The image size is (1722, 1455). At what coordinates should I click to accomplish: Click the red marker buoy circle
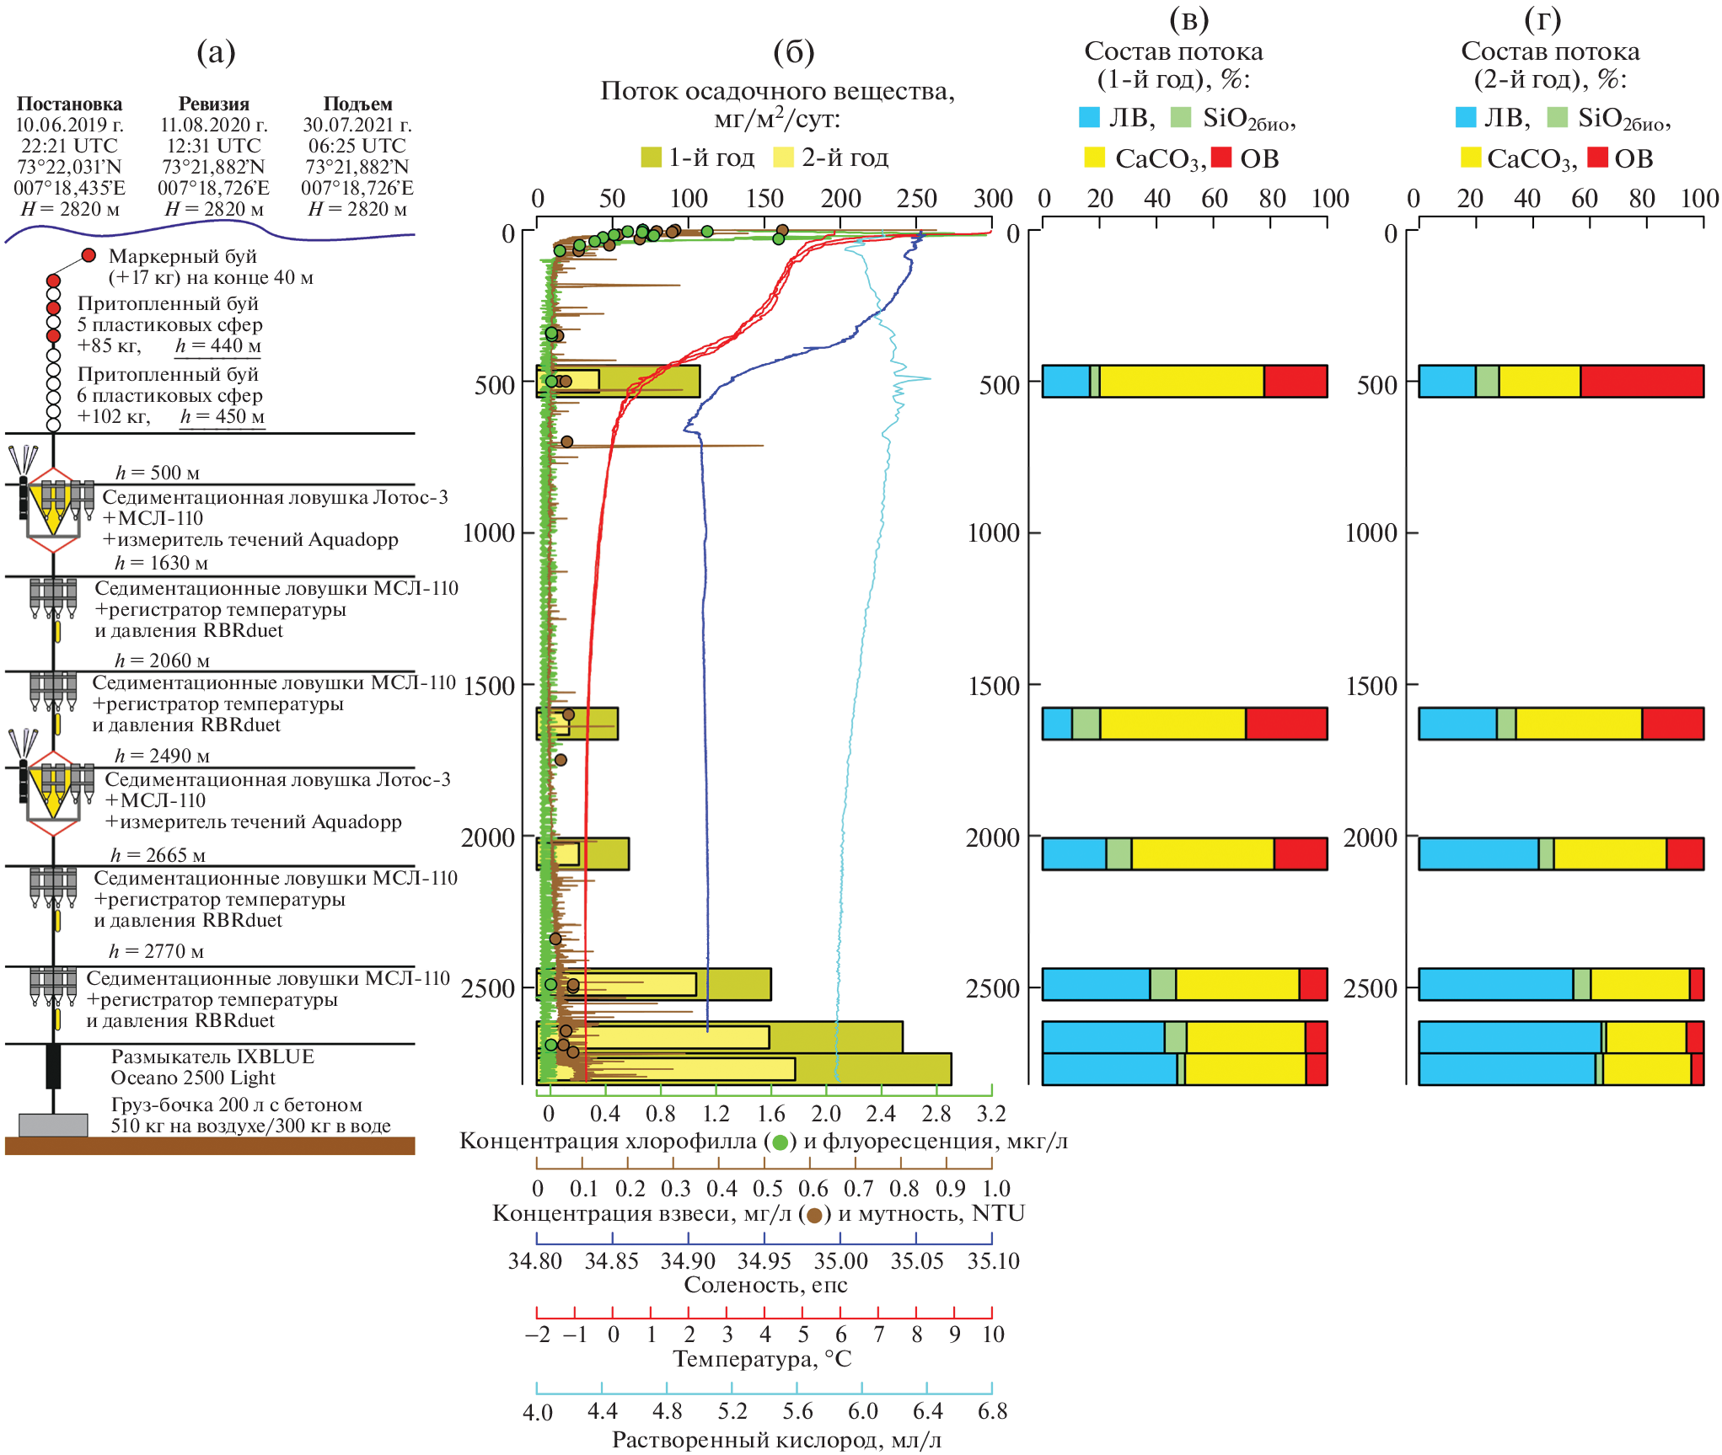pyautogui.click(x=89, y=255)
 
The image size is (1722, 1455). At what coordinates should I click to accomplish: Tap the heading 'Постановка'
pyautogui.click(x=69, y=104)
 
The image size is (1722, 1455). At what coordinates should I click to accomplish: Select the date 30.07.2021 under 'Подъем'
pyautogui.click(x=357, y=126)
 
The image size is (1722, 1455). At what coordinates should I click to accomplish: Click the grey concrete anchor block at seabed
pyautogui.click(x=53, y=1125)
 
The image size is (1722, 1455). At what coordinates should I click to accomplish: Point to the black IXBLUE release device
pyautogui.click(x=53, y=1066)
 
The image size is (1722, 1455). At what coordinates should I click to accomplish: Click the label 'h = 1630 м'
pyautogui.click(x=161, y=563)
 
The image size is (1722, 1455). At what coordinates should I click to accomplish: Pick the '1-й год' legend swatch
pyautogui.click(x=651, y=158)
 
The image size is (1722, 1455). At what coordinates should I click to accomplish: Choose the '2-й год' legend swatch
pyautogui.click(x=784, y=158)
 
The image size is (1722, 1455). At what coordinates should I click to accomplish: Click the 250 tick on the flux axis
pyautogui.click(x=916, y=199)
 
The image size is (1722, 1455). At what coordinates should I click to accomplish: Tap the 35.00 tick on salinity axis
pyautogui.click(x=840, y=1261)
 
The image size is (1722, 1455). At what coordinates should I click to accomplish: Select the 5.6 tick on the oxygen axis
pyautogui.click(x=797, y=1411)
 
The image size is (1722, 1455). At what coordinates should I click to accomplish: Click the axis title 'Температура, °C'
pyautogui.click(x=762, y=1359)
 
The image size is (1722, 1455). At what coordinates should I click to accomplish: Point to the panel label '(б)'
pyautogui.click(x=793, y=53)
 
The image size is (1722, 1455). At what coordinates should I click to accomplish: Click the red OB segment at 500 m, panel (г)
pyautogui.click(x=1641, y=382)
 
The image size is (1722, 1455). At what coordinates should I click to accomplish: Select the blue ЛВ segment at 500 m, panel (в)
pyautogui.click(x=1066, y=382)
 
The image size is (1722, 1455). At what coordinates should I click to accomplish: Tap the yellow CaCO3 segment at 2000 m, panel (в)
pyautogui.click(x=1202, y=853)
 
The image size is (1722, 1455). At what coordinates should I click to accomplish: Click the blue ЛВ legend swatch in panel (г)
pyautogui.click(x=1466, y=117)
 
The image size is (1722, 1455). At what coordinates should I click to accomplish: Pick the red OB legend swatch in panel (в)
pyautogui.click(x=1221, y=158)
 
